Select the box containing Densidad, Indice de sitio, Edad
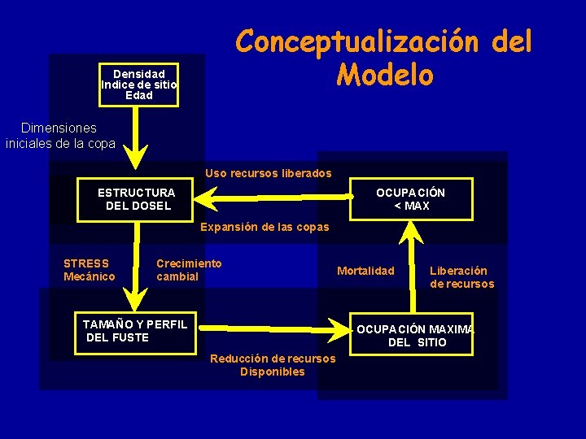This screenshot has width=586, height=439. [x=138, y=85]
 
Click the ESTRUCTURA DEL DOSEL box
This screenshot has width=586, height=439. [x=137, y=199]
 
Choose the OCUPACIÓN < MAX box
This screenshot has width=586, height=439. [x=411, y=199]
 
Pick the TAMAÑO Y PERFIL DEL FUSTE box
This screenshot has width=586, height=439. [x=135, y=331]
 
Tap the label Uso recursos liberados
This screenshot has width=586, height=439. [x=269, y=173]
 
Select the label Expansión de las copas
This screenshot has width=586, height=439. [x=265, y=227]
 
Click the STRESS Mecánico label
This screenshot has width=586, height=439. [x=89, y=270]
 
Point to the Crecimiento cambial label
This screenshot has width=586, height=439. [x=189, y=270]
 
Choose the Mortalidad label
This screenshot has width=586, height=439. [x=365, y=271]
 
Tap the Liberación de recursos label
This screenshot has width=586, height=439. [x=461, y=277]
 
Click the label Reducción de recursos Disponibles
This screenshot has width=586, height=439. [x=273, y=365]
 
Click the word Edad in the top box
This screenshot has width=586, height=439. [x=138, y=96]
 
